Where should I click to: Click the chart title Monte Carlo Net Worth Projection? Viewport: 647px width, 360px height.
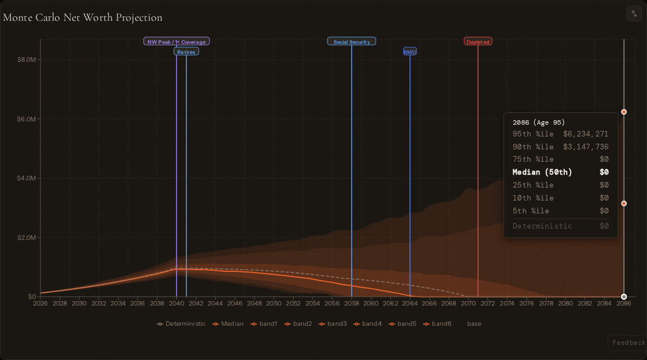coord(83,17)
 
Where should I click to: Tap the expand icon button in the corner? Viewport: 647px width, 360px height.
coord(634,13)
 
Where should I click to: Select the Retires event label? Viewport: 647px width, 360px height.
coord(186,52)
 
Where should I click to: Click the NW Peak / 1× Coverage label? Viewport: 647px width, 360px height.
coord(176,42)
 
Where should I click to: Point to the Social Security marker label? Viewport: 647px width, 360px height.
coord(352,42)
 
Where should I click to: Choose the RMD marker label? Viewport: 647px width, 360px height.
coord(410,52)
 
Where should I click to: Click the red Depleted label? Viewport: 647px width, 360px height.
coord(478,42)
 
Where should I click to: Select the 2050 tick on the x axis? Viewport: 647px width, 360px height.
coord(274,303)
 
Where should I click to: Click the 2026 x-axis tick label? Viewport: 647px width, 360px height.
coord(40,303)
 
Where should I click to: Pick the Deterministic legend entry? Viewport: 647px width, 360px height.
coord(181,323)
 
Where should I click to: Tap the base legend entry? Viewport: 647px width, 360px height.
coord(474,323)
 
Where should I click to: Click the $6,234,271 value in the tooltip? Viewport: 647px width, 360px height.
coord(586,134)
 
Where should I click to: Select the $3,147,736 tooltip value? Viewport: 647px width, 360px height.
coord(586,147)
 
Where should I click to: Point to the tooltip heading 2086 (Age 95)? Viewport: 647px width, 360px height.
coord(539,122)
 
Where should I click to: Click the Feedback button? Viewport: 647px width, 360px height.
coord(628,343)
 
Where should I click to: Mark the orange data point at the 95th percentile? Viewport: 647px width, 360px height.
coord(624,112)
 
